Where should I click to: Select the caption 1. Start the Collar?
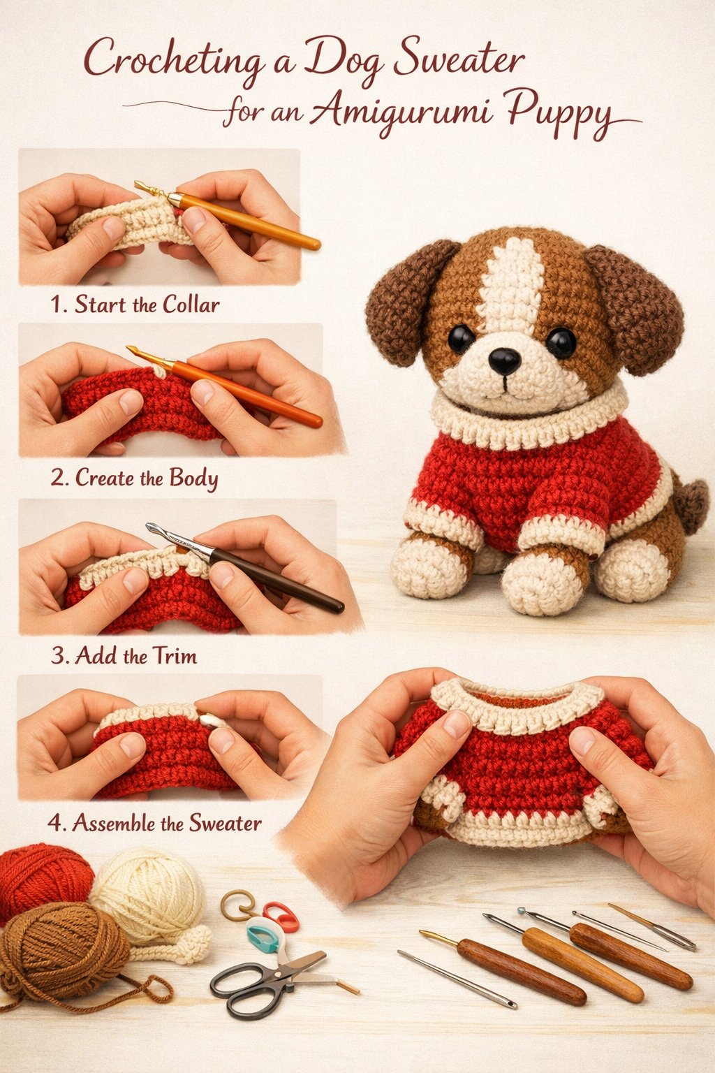135,305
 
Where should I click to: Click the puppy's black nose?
504,360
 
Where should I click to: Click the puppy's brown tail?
691,500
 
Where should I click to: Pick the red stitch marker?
281,916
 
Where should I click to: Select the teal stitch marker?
263,937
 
